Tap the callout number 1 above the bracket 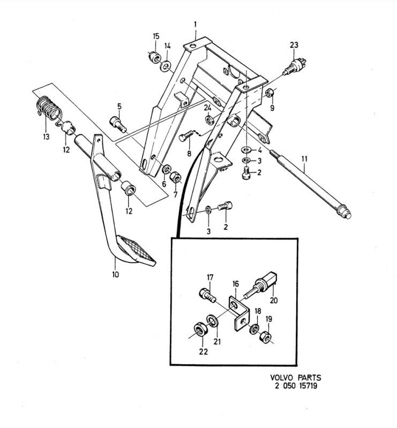tap(196, 25)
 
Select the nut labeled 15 tap(154, 56)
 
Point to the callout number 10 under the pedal tap(116, 274)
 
